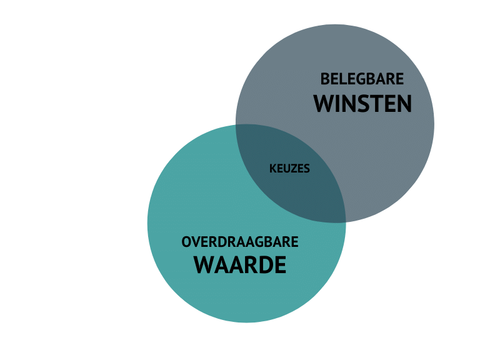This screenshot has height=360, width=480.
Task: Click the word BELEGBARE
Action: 362,79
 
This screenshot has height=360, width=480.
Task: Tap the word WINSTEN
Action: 362,104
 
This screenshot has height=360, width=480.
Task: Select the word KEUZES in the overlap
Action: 289,169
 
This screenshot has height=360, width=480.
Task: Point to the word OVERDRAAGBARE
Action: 240,242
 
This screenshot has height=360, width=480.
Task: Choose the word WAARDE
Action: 240,265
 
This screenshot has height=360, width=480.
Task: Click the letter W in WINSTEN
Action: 325,104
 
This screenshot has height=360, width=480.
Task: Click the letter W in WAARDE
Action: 206,265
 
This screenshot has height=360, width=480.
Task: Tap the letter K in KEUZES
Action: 272,169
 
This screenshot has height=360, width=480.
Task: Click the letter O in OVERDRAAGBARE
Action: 186,242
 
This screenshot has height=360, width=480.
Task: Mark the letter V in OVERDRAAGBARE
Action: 196,242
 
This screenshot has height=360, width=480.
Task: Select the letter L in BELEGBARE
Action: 342,79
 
